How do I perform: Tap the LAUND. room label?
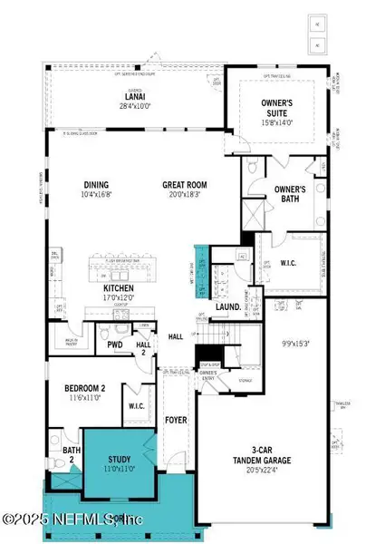(x=227, y=307)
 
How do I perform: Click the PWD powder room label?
(x=114, y=345)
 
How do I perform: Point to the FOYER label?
(x=175, y=421)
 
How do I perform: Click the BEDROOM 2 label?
(x=86, y=388)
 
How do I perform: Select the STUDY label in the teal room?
(x=120, y=460)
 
